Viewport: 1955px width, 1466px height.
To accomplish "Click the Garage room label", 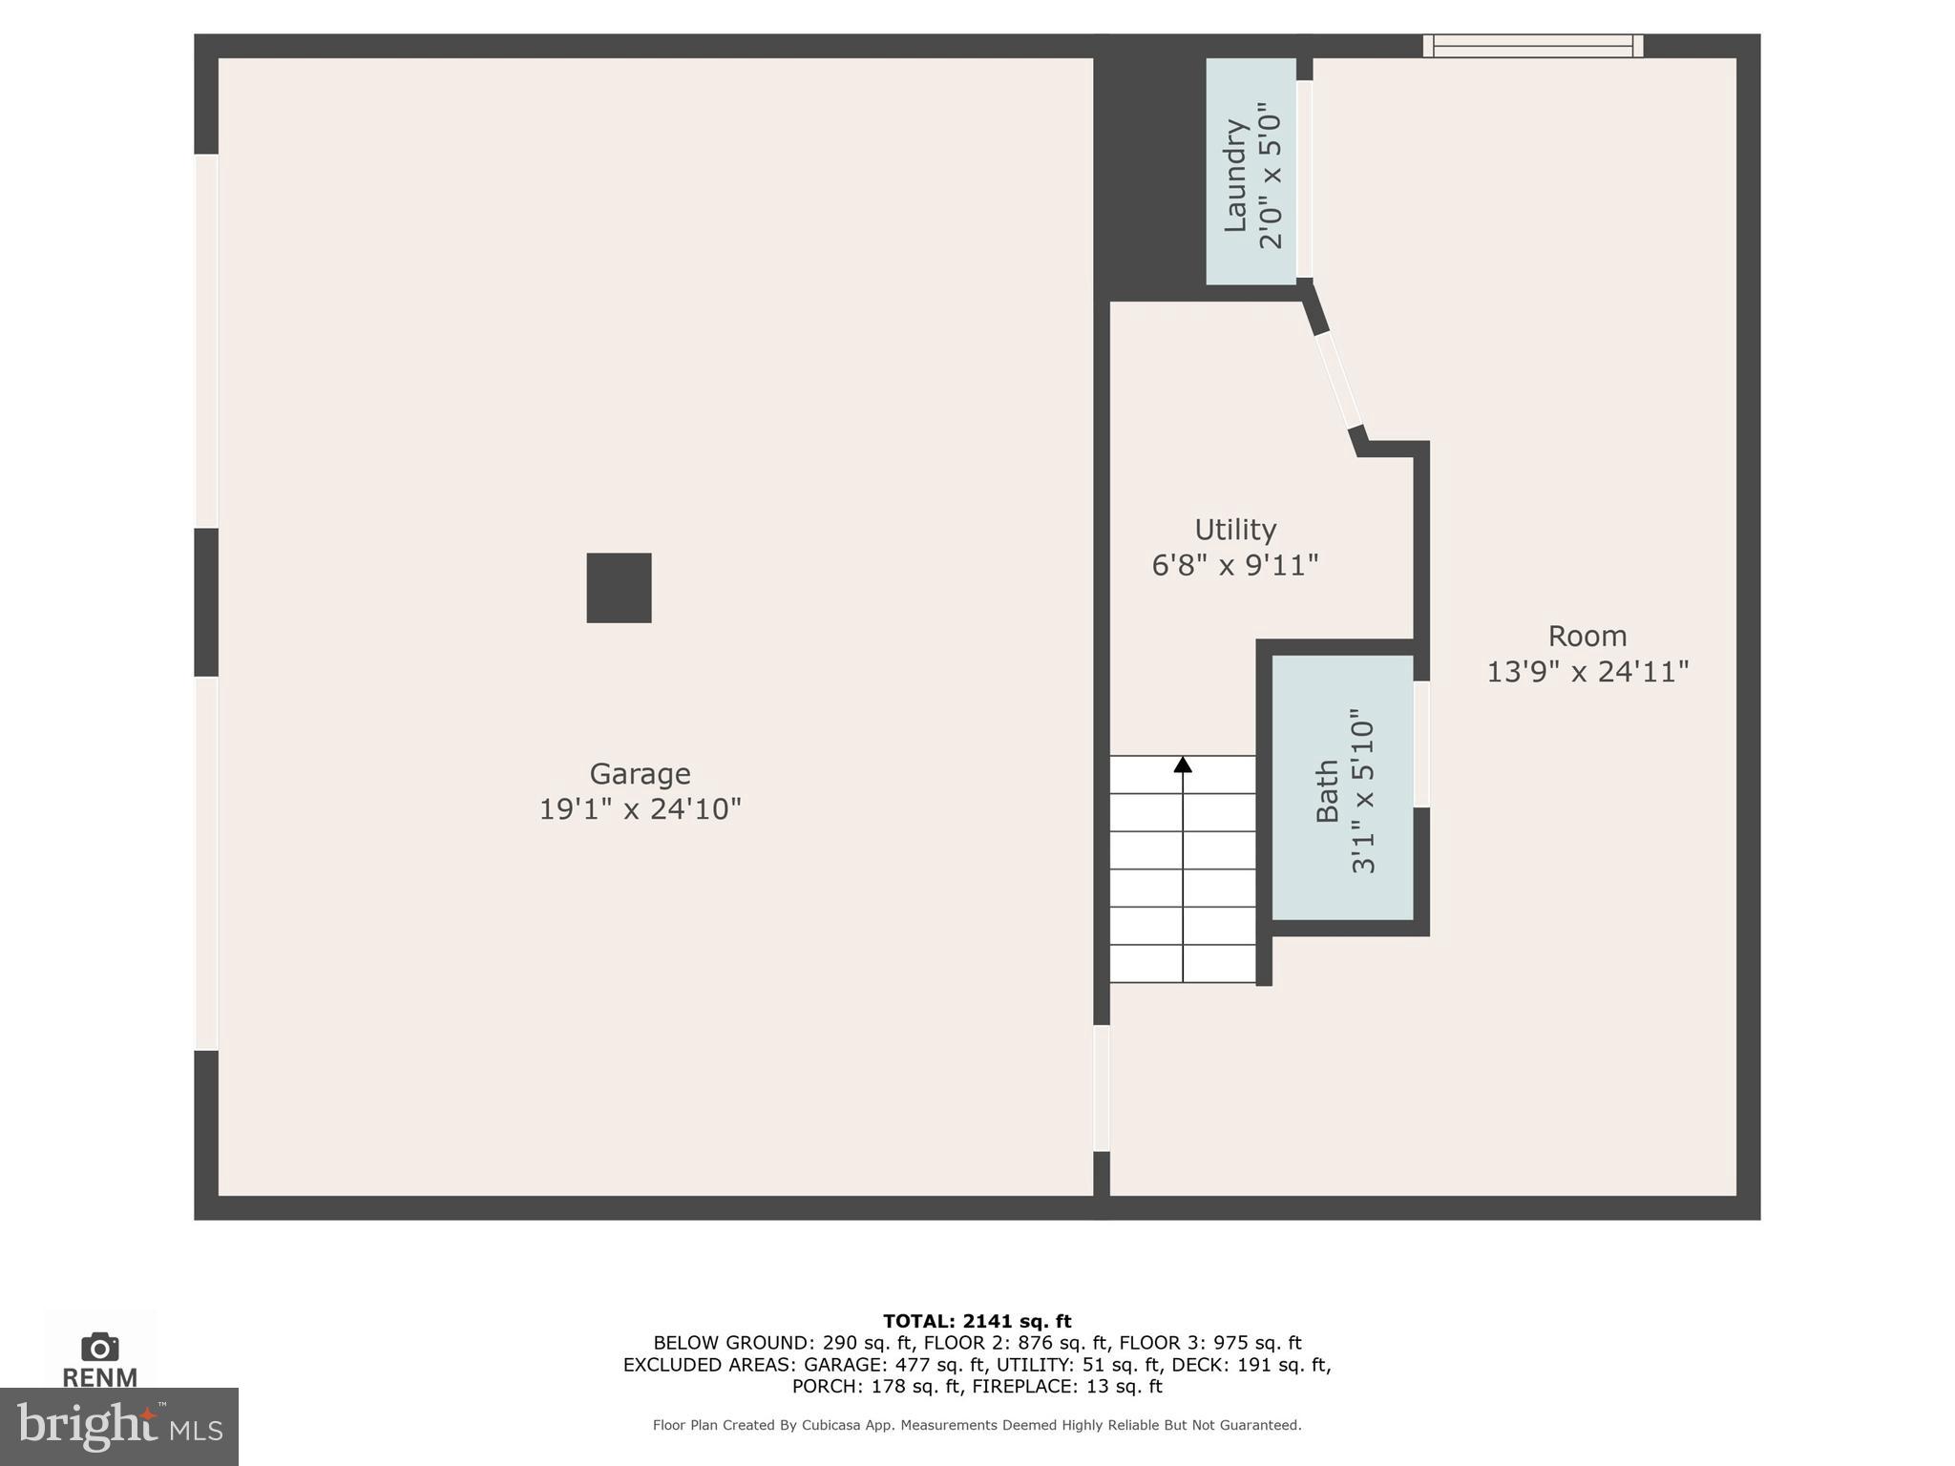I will [640, 773].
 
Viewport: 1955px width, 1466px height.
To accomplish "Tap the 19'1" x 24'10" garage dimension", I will [640, 809].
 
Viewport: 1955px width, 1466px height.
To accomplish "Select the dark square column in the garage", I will [619, 588].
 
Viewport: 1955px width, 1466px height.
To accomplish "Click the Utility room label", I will [1235, 530].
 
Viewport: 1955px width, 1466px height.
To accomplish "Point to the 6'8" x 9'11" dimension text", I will [1235, 566].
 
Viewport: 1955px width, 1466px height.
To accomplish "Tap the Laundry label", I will [1236, 175].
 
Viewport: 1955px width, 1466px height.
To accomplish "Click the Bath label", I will [1327, 790].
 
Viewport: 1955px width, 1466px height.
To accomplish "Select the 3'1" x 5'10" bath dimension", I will [1363, 790].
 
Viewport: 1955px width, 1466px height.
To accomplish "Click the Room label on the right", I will [1587, 636].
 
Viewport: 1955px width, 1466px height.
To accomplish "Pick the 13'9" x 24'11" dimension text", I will [1587, 672].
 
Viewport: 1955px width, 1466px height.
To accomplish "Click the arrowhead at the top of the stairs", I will [1183, 764].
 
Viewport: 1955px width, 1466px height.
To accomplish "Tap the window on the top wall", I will [1532, 46].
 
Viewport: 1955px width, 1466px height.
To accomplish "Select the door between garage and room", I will [1102, 1088].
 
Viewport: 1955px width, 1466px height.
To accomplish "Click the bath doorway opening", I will [1421, 744].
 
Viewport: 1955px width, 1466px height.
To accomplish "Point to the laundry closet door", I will [1304, 179].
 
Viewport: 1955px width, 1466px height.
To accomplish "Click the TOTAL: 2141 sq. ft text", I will [977, 1321].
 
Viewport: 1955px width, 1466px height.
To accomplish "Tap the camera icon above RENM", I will [99, 1347].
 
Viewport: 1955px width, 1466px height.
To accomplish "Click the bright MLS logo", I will [118, 1426].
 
